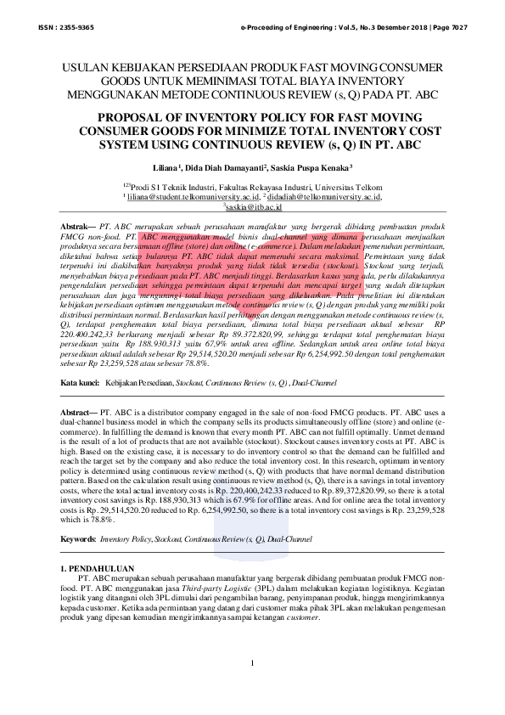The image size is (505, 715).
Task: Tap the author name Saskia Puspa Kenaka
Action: click(x=323, y=169)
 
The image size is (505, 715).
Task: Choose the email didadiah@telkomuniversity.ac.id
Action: click(x=326, y=195)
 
